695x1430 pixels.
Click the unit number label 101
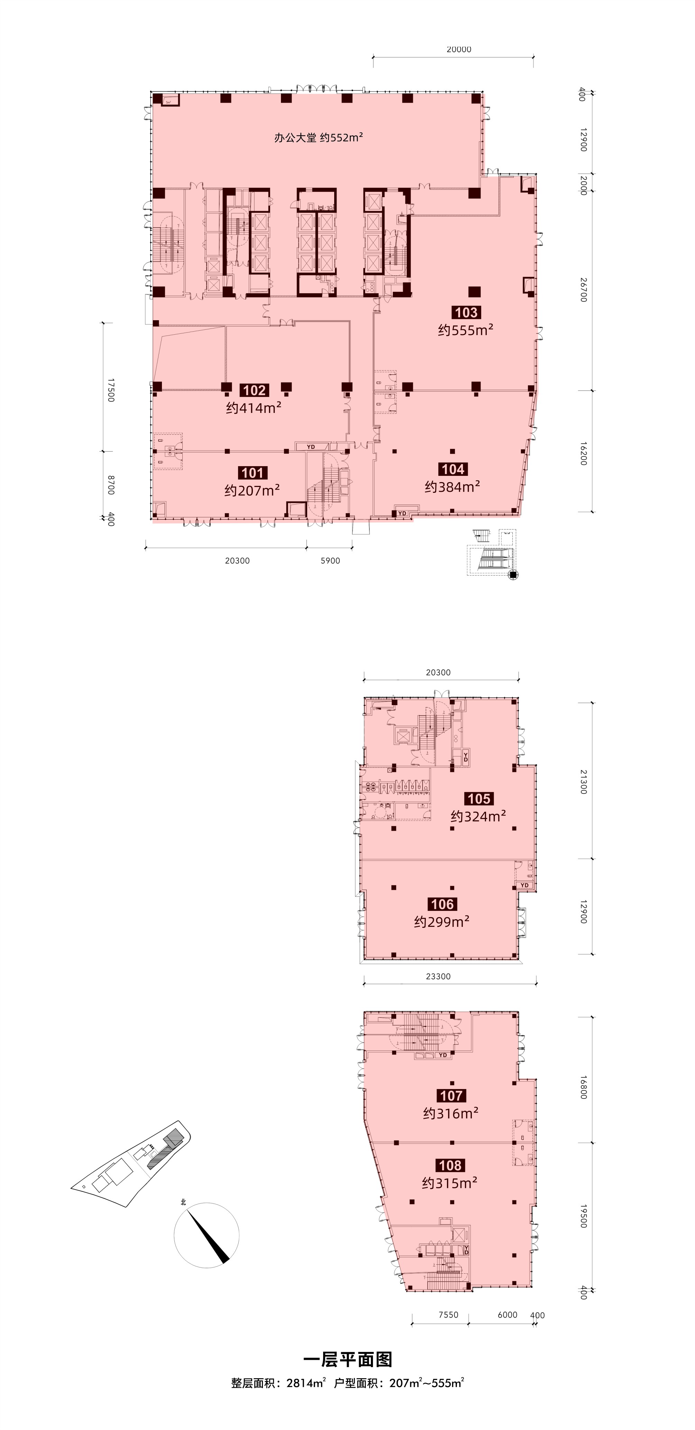253,473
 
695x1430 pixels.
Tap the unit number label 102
254,390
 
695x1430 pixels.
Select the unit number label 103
466,313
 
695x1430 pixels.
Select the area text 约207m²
252,491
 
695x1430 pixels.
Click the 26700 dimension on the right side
583,290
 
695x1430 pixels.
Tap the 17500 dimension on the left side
110,390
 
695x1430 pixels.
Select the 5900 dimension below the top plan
330,561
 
